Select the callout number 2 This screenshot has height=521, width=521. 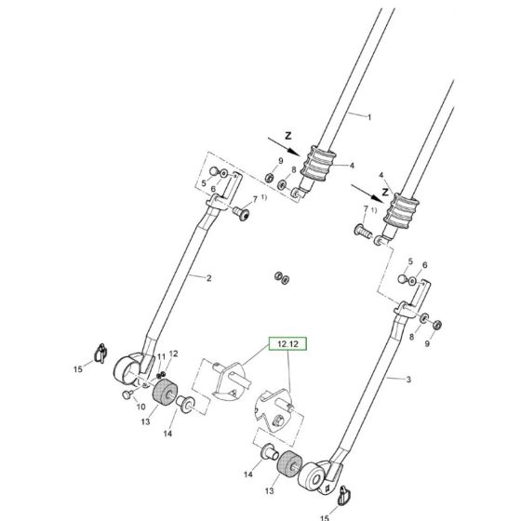point(207,278)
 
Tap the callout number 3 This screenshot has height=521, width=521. point(407,380)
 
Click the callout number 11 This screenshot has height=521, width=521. point(160,356)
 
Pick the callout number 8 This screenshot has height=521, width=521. point(292,171)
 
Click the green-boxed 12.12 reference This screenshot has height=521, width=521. point(286,344)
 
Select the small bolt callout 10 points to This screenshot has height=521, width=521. point(126,394)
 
